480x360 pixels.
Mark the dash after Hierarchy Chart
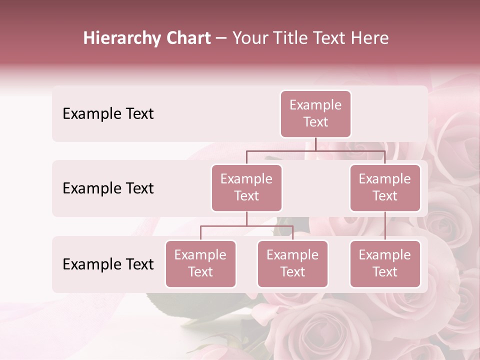[x=221, y=39]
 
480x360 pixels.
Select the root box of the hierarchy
[x=315, y=113]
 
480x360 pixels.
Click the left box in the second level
[x=246, y=187]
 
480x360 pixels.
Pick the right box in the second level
[x=385, y=187]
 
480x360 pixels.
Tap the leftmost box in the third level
[x=200, y=263]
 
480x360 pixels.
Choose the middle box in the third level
[x=292, y=263]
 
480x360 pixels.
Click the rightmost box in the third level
[x=385, y=263]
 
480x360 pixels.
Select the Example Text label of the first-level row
[x=108, y=113]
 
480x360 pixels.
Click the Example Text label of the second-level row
[x=108, y=188]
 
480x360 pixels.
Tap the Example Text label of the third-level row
[x=108, y=264]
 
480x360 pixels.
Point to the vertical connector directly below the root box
[x=315, y=144]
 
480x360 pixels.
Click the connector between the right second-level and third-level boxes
[x=385, y=226]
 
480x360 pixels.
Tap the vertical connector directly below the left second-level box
[x=246, y=218]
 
